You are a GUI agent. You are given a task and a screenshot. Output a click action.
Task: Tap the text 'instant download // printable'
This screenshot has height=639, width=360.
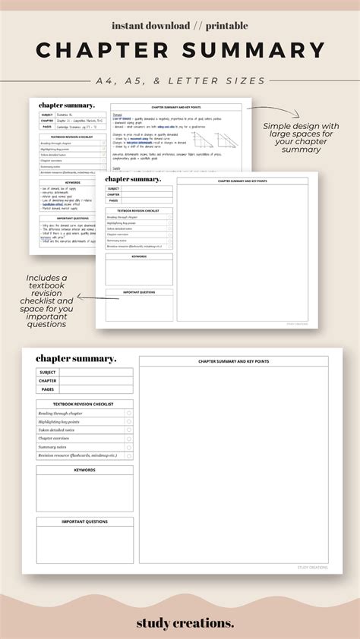click(180, 26)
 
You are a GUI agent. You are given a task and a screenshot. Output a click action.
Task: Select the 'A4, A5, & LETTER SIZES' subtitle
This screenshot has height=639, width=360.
click(180, 80)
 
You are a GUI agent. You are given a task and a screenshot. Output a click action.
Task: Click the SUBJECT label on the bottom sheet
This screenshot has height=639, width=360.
click(48, 372)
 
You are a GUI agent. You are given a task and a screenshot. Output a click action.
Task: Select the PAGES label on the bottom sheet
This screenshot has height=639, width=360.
click(48, 389)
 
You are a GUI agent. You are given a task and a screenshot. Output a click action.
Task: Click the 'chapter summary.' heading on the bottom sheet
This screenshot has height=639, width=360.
click(76, 358)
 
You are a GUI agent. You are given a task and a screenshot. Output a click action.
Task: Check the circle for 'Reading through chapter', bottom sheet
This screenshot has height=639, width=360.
click(129, 413)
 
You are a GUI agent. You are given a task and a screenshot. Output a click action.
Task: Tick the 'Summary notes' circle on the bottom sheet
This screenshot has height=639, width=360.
click(129, 447)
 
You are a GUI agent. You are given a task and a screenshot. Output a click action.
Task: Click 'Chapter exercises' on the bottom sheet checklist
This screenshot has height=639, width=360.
click(56, 439)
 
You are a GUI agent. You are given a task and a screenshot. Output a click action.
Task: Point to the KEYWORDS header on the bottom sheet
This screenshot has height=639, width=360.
click(84, 470)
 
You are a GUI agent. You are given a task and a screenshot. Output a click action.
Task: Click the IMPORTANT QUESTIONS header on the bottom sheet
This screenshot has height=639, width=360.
click(84, 521)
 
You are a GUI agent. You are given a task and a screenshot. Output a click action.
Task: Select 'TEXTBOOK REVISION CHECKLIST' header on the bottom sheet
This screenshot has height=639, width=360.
click(84, 404)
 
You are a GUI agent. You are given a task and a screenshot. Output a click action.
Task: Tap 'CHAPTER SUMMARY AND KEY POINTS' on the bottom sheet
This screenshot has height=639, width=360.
click(233, 361)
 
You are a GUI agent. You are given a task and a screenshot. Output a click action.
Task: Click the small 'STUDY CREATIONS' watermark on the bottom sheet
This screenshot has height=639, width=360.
click(312, 567)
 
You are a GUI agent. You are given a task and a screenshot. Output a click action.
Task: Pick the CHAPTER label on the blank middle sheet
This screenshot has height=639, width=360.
click(113, 194)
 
